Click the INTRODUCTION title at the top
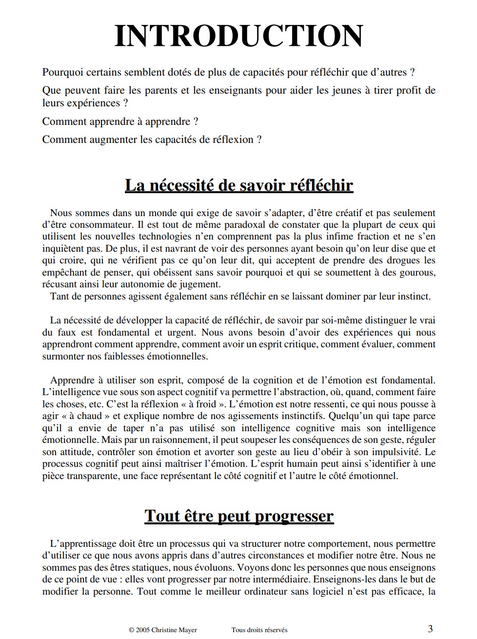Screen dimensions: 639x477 pos(238,36)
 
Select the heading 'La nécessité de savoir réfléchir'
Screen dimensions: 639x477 pos(238,185)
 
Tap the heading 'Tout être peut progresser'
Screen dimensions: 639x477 pos(238,516)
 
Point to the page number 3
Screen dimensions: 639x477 pos(430,629)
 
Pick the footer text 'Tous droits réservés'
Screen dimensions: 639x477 pos(259,630)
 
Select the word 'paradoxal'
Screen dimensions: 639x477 pos(230,225)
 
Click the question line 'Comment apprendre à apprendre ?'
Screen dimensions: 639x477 pos(120,121)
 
